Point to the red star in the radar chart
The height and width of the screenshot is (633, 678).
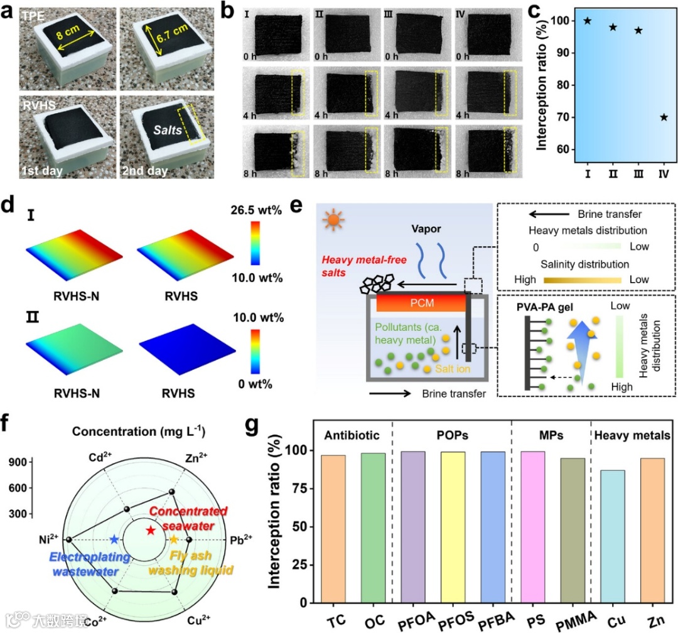(x=150, y=531)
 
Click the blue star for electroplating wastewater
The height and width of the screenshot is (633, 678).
(x=114, y=539)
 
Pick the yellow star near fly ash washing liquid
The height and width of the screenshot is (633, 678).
(x=174, y=539)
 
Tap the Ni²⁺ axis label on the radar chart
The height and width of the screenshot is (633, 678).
(x=48, y=539)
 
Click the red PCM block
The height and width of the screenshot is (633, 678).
(x=422, y=304)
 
